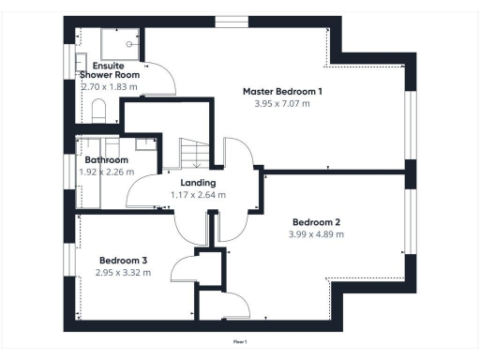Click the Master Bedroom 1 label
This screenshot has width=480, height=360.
click(x=282, y=91)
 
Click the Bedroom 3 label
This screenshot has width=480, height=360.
click(x=122, y=260)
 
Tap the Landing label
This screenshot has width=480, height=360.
click(x=198, y=183)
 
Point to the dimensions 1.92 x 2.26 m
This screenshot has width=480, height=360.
click(x=106, y=172)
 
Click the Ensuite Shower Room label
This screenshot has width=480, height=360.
click(x=110, y=69)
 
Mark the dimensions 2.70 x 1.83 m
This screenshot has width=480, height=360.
click(x=110, y=86)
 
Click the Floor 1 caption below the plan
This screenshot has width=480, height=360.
click(x=240, y=343)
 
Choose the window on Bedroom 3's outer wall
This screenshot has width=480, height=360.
click(x=68, y=259)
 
